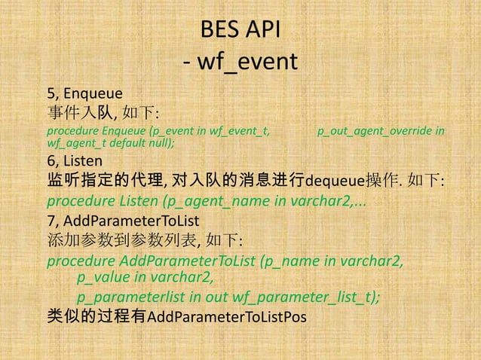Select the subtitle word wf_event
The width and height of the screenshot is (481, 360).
point(249,62)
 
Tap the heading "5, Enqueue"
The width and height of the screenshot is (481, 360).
point(80,94)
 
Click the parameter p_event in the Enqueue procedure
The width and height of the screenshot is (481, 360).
point(176,131)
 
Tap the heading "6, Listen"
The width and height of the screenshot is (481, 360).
point(75,160)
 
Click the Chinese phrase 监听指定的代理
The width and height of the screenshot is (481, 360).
point(102,182)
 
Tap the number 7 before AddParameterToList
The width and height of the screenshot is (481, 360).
point(51,221)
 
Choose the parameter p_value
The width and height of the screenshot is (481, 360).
point(105,279)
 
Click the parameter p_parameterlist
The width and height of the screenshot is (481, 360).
point(133,297)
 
